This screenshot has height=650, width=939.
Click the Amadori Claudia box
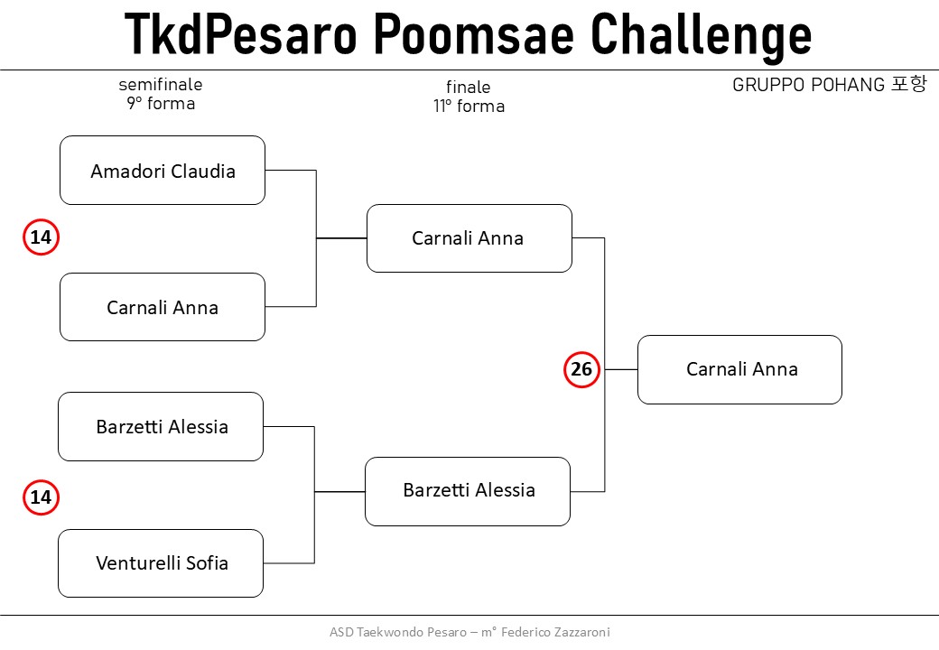tap(163, 171)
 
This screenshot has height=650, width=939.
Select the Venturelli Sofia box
tap(161, 563)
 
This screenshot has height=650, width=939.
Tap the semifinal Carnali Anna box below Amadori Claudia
tap(163, 307)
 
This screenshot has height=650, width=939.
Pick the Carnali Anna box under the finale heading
tap(469, 238)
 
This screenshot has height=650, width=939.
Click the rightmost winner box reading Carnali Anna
tap(739, 369)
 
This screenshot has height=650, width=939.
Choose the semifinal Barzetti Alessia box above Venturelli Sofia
tap(161, 427)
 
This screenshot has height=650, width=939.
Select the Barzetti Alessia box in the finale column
tap(468, 491)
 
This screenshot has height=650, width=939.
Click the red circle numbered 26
tap(581, 369)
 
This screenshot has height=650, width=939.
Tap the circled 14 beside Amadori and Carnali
tap(41, 237)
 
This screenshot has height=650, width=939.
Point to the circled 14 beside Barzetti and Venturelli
tap(41, 497)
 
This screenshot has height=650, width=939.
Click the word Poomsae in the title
tap(474, 34)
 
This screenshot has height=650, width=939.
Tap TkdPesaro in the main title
tap(241, 34)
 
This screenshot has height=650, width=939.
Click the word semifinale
tap(161, 84)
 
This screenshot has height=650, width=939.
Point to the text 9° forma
tap(161, 104)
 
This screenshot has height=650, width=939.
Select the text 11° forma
tap(469, 106)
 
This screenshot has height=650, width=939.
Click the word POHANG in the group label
tap(848, 85)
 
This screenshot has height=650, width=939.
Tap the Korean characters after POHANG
tap(909, 84)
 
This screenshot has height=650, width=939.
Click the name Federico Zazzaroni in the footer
tap(555, 632)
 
